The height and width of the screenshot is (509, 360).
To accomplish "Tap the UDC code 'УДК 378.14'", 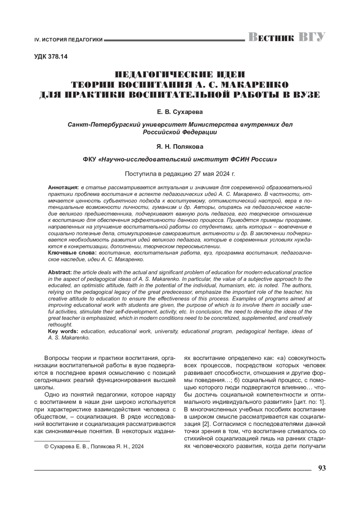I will [51, 57].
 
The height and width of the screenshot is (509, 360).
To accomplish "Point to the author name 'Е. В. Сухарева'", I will [180, 112].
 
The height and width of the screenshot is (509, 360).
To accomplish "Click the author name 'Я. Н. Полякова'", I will [180, 147].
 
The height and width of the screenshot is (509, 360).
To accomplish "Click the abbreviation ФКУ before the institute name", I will [89, 160].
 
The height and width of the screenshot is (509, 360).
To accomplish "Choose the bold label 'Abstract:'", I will [60, 272].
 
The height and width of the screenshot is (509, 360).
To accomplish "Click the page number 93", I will [322, 468].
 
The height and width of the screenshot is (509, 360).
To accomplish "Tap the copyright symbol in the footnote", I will [46, 447].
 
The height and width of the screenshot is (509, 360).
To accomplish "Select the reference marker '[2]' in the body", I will [205, 424].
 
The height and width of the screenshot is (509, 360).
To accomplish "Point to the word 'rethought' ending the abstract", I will [60, 325].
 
